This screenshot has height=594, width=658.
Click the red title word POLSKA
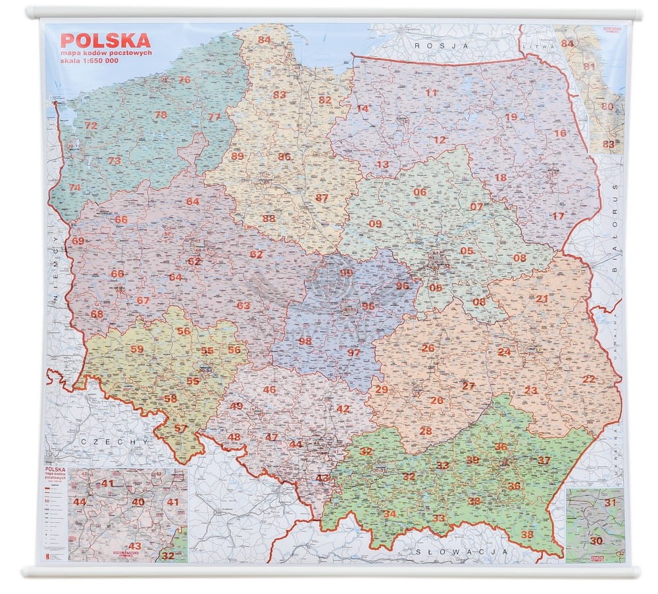(x=105, y=40)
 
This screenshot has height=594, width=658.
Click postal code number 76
(x=184, y=80)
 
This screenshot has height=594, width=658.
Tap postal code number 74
(x=75, y=187)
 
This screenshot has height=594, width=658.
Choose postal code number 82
(x=325, y=100)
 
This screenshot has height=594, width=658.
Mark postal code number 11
(x=432, y=93)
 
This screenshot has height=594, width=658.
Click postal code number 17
(x=558, y=216)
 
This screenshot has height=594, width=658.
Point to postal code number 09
(x=375, y=224)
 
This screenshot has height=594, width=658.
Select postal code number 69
(x=78, y=241)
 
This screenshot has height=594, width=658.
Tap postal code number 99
(x=346, y=272)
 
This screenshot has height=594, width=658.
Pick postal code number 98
(x=305, y=341)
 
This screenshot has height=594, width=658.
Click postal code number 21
(x=542, y=299)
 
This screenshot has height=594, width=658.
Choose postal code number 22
(x=589, y=379)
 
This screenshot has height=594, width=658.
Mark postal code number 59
(x=137, y=349)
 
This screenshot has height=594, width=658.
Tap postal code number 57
(x=181, y=428)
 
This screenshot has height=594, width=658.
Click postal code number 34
(x=390, y=514)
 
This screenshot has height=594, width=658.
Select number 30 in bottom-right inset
(x=596, y=541)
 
